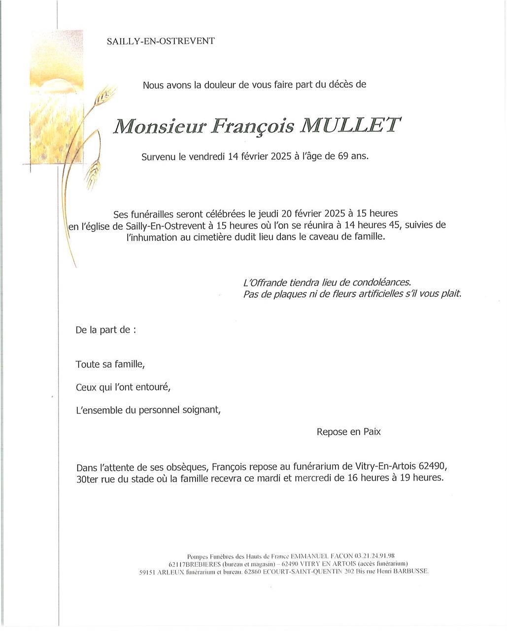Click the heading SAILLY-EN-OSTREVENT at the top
coord(161,41)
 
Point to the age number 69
coord(343,156)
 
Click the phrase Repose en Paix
coord(348,432)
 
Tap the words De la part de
coord(104,330)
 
